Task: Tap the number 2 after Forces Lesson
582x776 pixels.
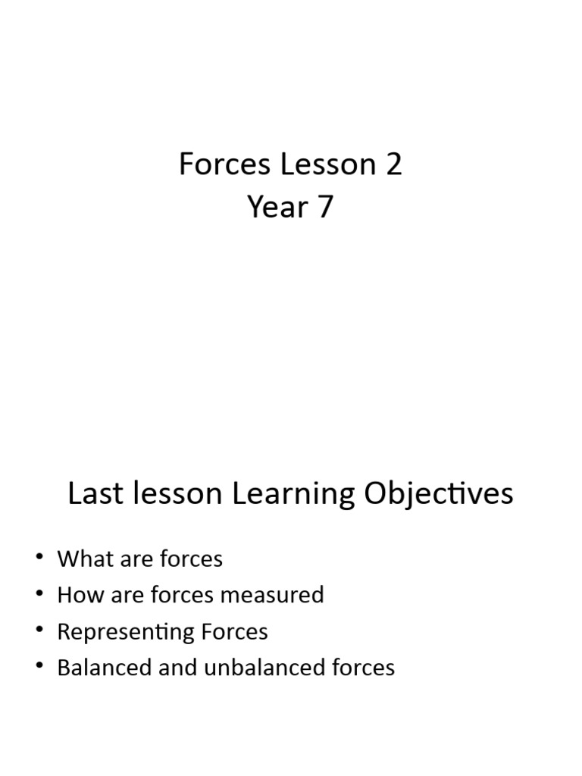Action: click(x=393, y=164)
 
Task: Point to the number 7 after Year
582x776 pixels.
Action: click(x=324, y=207)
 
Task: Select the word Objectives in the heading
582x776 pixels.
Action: click(x=439, y=494)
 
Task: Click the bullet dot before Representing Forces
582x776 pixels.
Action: click(x=39, y=631)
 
